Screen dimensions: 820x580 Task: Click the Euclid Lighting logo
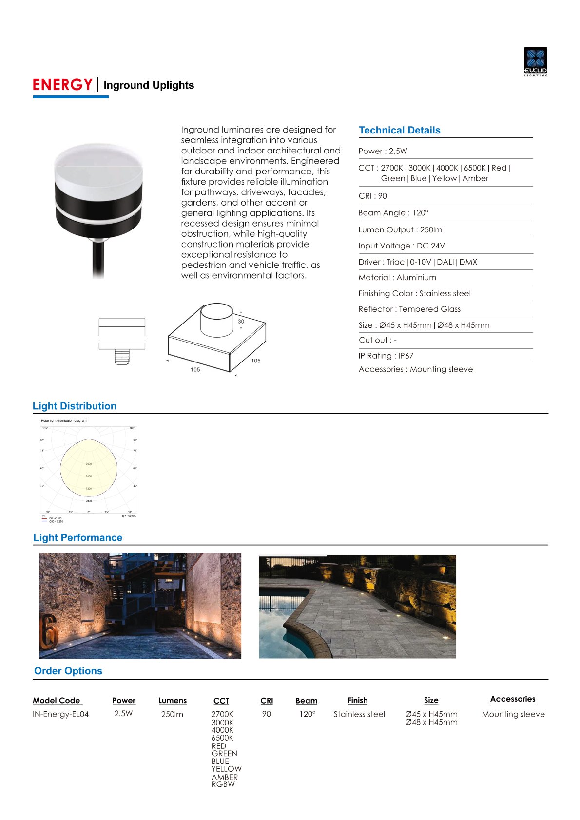[x=535, y=61]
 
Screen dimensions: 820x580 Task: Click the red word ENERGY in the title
[x=62, y=85]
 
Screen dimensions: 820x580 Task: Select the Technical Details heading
[x=399, y=130]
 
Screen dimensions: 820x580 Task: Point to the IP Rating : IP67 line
[x=386, y=356]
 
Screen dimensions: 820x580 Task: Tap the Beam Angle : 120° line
[x=393, y=213]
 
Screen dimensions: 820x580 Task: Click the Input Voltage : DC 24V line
[x=401, y=246]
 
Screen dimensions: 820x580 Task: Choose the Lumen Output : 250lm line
[x=400, y=229]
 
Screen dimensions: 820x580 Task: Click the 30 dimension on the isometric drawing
[x=241, y=322]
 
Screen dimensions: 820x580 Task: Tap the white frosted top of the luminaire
[x=98, y=168]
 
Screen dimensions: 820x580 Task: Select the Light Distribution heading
[x=75, y=406]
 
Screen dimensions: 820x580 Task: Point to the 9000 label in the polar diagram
[x=89, y=501]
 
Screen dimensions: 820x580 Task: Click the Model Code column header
[x=57, y=700]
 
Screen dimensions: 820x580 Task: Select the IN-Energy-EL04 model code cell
[x=60, y=714]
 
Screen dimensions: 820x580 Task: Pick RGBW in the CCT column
[x=223, y=784]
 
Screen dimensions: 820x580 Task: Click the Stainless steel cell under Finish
[x=359, y=714]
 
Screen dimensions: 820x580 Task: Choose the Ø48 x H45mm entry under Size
[x=431, y=722]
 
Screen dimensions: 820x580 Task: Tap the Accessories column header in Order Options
[x=512, y=699]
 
